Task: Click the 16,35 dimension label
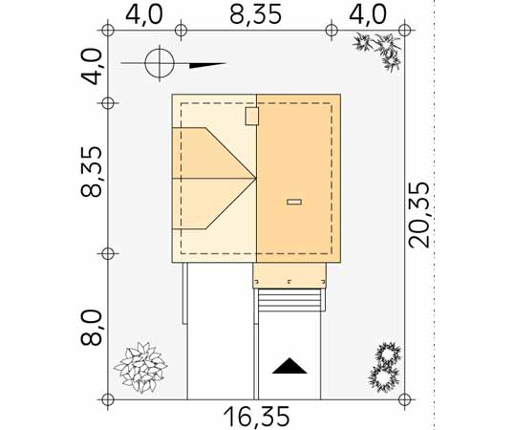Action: coord(256,417)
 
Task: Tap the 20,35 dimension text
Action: coord(419,215)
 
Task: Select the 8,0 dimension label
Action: coord(91,328)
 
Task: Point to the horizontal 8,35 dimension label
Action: coord(255,14)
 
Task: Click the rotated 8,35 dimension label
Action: coord(91,172)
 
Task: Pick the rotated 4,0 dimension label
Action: coord(91,67)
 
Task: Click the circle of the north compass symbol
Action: coord(160,63)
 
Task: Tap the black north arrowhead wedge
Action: coord(207,65)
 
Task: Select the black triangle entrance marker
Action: coord(289,366)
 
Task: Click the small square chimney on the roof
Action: coord(252,116)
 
